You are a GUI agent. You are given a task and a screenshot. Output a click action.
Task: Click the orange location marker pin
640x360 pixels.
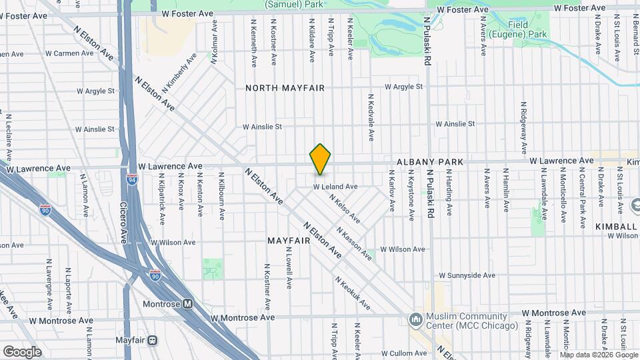(321, 159)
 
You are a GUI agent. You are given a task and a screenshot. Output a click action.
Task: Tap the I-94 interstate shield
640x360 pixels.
(131, 179)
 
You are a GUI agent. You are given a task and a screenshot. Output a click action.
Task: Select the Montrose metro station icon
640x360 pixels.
(188, 304)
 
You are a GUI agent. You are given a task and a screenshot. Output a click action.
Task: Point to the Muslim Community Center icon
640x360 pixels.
(416, 320)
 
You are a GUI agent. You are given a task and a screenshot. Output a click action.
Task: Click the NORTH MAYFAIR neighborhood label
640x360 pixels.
(285, 88)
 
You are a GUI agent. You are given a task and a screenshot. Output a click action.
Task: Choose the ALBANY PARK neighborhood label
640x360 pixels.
(429, 162)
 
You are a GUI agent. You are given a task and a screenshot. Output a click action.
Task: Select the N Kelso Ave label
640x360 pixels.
(345, 208)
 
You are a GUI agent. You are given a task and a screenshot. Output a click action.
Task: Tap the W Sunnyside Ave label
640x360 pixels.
(467, 275)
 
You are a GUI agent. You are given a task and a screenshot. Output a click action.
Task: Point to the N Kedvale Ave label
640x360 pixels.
(371, 117)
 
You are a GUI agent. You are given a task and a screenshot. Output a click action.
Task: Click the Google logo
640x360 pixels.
(22, 351)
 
